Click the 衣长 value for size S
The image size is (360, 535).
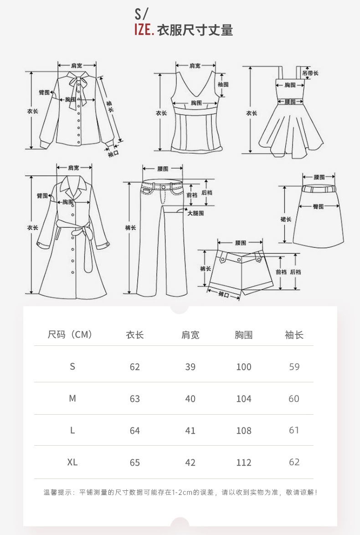(135, 367)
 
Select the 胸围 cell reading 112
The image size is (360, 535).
(244, 463)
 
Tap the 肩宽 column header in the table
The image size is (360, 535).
(190, 335)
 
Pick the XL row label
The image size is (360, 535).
(72, 462)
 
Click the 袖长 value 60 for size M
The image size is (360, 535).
(294, 399)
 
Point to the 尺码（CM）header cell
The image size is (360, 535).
(70, 335)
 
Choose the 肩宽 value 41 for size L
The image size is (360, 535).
(190, 431)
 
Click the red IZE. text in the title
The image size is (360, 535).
(144, 30)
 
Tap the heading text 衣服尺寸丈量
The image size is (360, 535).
(195, 31)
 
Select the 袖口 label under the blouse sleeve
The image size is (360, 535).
(113, 154)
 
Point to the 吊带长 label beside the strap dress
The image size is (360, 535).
(310, 73)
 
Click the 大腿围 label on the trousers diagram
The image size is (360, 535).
(195, 213)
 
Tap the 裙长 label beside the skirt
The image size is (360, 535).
(286, 219)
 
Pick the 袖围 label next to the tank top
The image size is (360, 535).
(223, 84)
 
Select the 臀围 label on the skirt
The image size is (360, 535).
(318, 206)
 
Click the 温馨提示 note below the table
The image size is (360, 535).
(180, 492)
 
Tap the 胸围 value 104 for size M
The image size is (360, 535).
(244, 399)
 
